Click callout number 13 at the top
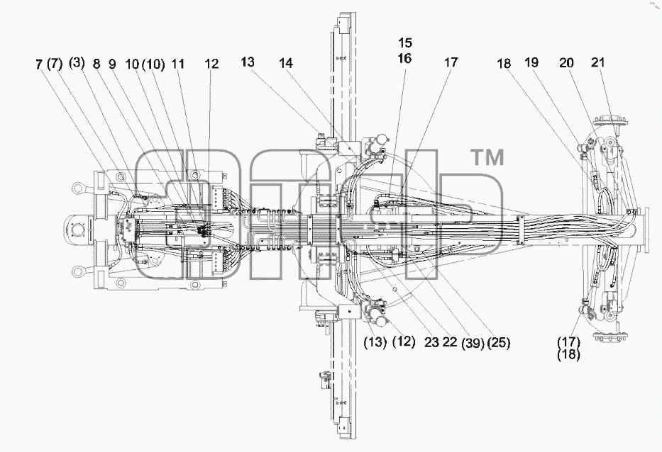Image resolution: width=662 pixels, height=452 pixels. (248, 62)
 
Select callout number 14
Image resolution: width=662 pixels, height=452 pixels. (286, 63)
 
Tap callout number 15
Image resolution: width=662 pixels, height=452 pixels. (405, 43)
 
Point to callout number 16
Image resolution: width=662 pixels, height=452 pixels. (405, 58)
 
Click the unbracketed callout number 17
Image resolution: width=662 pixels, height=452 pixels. (451, 62)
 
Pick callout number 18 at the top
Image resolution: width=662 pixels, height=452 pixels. (504, 64)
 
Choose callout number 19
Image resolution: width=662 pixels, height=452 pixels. (531, 62)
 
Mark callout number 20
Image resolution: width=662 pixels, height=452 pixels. (567, 63)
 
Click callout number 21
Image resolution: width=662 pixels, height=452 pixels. (598, 62)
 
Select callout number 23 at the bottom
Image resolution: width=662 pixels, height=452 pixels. (432, 342)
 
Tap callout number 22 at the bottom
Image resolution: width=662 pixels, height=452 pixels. (450, 342)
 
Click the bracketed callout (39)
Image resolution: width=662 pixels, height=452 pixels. (473, 343)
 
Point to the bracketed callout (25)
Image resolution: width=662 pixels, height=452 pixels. (499, 343)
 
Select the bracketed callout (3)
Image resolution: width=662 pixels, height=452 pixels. (77, 63)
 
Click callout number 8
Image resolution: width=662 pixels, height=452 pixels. (96, 64)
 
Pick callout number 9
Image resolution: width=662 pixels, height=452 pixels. (112, 64)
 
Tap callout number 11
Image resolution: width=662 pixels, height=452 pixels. (179, 64)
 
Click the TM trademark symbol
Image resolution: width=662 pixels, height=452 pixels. (487, 158)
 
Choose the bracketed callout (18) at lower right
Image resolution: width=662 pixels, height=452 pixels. (568, 355)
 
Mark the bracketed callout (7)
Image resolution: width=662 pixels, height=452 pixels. (55, 64)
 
